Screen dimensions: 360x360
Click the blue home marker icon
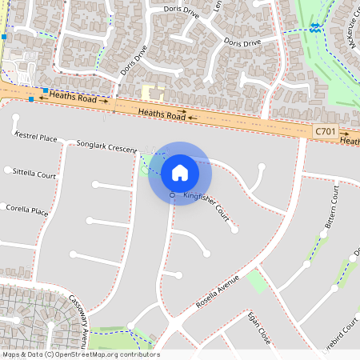click(180, 173)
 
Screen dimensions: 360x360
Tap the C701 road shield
click(324, 130)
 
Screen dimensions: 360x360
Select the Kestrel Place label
click(36, 138)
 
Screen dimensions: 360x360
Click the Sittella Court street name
click(34, 174)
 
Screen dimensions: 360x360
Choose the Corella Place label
click(27, 211)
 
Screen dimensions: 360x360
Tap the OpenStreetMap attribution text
click(80, 354)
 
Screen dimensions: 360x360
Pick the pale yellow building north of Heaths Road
click(152, 94)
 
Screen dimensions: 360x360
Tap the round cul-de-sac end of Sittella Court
click(8, 170)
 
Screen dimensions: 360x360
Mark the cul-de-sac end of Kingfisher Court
click(234, 230)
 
